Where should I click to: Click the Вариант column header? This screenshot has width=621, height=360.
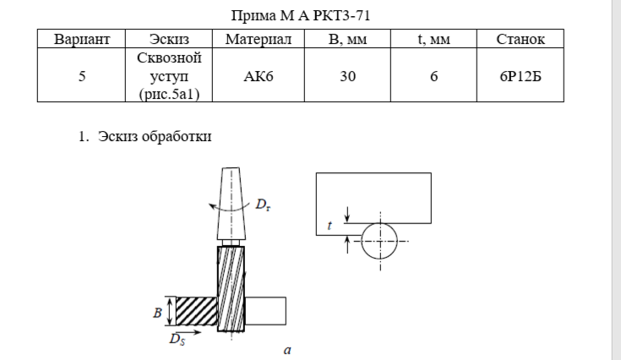pyautogui.click(x=82, y=39)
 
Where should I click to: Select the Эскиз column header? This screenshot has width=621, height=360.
pyautogui.click(x=169, y=39)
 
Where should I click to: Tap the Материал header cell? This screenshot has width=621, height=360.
pyautogui.click(x=259, y=39)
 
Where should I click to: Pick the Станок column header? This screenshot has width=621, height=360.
pyautogui.click(x=520, y=39)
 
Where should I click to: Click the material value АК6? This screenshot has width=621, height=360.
pyautogui.click(x=259, y=76)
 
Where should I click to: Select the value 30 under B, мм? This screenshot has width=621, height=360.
pyautogui.click(x=348, y=76)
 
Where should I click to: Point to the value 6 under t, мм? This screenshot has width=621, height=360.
pyautogui.click(x=434, y=76)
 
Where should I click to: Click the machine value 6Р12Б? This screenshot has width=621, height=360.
pyautogui.click(x=520, y=76)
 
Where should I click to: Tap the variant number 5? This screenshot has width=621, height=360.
pyautogui.click(x=82, y=76)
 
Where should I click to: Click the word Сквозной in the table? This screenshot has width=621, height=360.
pyautogui.click(x=169, y=58)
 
